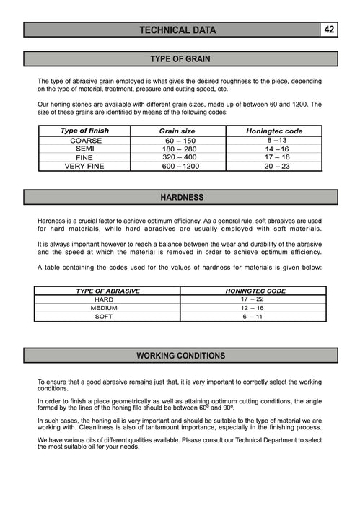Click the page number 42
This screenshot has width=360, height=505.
click(x=329, y=30)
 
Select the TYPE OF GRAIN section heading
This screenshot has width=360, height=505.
click(x=180, y=58)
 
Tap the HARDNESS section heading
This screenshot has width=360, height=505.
click(x=181, y=197)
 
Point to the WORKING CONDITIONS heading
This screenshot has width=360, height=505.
click(x=180, y=356)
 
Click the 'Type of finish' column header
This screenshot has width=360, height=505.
click(x=85, y=131)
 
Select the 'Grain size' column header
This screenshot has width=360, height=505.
click(x=177, y=131)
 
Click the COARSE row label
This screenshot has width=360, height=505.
click(x=85, y=140)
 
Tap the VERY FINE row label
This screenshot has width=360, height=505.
click(x=85, y=166)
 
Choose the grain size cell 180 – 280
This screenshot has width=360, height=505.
click(x=180, y=149)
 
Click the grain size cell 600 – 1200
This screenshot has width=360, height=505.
click(x=180, y=166)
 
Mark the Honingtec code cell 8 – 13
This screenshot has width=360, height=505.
click(x=276, y=140)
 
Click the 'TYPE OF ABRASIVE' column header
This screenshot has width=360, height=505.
click(x=107, y=291)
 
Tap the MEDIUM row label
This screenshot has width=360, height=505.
click(x=104, y=307)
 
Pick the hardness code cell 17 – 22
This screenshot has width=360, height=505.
click(x=253, y=299)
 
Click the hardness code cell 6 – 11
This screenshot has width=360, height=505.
click(x=253, y=316)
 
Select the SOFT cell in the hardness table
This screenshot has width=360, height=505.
click(x=104, y=316)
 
